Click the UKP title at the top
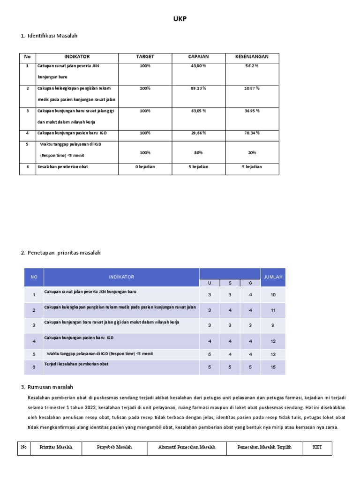(x=180, y=18)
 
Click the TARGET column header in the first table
(x=145, y=57)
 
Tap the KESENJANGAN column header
(x=252, y=57)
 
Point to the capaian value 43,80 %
(x=198, y=66)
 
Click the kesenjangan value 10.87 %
(x=252, y=88)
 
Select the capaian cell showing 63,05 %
(x=198, y=111)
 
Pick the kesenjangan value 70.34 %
(x=252, y=133)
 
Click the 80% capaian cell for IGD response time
(x=198, y=153)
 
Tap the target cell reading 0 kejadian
(x=145, y=167)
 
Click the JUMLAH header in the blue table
(x=273, y=277)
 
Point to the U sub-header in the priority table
(x=210, y=283)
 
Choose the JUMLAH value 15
(x=273, y=367)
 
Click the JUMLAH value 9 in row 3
(x=273, y=325)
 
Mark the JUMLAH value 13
(x=273, y=355)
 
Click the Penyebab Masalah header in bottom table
(x=114, y=448)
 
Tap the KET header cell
(x=317, y=448)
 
